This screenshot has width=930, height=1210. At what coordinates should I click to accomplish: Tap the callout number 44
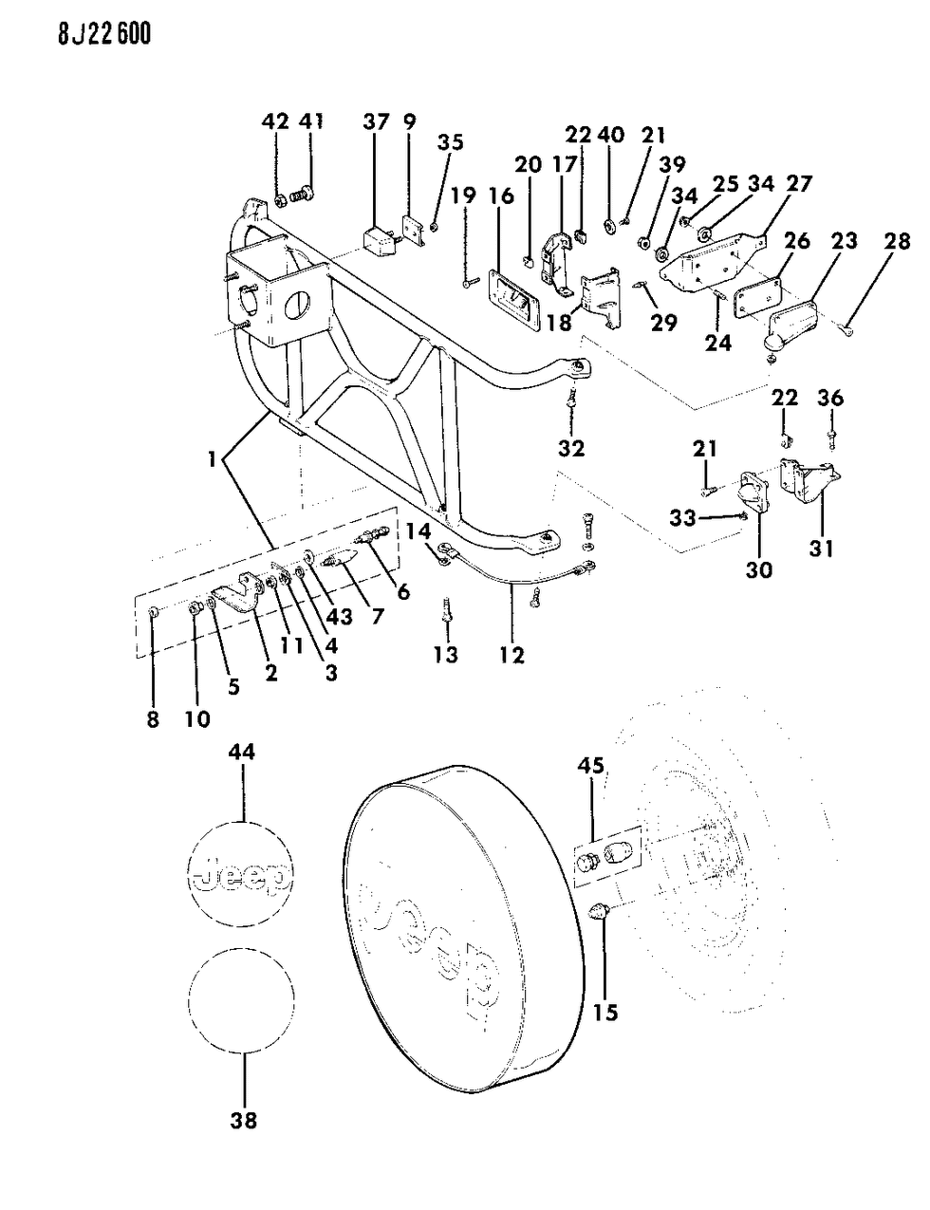244,753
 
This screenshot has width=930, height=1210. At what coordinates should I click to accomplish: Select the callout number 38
244,1121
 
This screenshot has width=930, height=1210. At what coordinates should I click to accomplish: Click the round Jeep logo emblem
242,872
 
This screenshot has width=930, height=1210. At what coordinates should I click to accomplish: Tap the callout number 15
604,1013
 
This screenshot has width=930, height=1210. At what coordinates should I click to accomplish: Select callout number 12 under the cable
512,655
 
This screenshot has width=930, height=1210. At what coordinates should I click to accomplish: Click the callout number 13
446,654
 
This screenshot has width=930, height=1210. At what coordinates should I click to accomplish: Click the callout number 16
502,196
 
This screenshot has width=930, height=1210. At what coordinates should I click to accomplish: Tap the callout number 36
830,398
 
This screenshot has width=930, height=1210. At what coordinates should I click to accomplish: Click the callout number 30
758,569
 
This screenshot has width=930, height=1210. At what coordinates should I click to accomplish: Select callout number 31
821,548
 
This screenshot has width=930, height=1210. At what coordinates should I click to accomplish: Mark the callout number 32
571,447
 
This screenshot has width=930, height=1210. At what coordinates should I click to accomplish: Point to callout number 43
338,617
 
